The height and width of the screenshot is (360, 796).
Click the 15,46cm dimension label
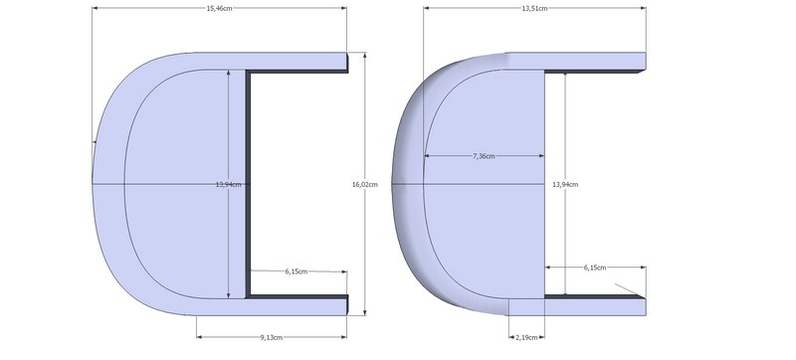(x=219, y=8)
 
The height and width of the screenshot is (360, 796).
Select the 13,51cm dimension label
(x=534, y=8)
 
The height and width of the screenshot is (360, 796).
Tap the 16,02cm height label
(x=365, y=185)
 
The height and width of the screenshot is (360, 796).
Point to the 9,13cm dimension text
(x=271, y=337)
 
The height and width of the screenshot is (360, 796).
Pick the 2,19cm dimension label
(x=526, y=337)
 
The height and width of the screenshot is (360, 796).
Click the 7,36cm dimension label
(x=484, y=156)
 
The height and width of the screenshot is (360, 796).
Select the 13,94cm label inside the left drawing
(x=229, y=185)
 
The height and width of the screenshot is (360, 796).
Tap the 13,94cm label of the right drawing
(x=565, y=185)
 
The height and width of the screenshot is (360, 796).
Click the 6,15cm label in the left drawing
(x=296, y=271)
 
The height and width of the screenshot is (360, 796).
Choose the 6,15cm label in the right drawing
(x=594, y=268)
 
